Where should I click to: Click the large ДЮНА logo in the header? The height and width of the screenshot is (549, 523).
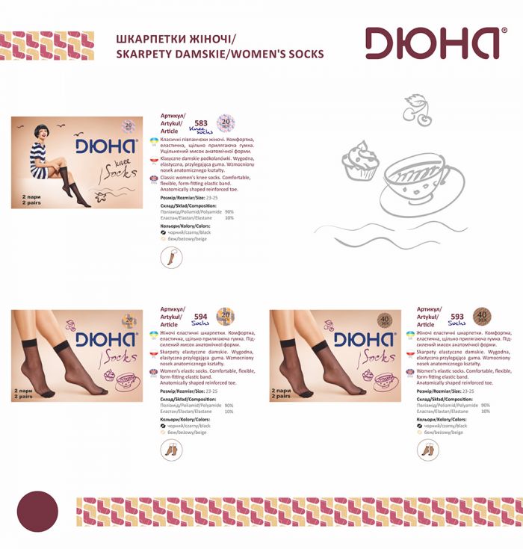(431, 44)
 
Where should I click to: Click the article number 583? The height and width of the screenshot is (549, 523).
(200, 123)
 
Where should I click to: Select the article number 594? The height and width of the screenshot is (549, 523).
(200, 316)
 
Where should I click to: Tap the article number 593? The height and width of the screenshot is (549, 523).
(457, 316)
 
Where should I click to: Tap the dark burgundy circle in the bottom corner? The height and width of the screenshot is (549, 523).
(37, 510)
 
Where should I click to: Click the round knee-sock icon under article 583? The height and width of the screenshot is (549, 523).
(171, 258)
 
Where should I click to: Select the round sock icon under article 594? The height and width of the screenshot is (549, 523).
(171, 449)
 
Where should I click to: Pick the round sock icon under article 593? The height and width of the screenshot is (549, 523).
(428, 449)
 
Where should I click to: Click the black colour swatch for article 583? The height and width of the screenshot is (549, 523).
(164, 232)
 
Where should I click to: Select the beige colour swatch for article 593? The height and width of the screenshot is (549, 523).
(420, 432)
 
